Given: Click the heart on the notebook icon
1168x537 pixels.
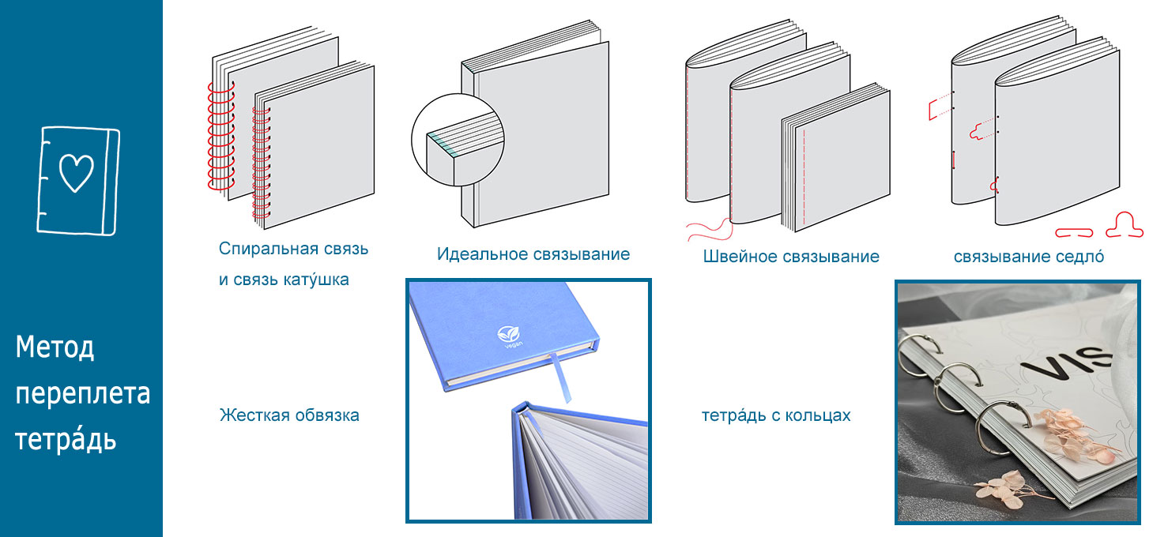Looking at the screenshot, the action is pos(76,173).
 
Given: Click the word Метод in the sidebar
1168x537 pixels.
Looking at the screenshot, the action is pos(55,347).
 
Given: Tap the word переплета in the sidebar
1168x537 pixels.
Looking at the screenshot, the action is pos(82,394).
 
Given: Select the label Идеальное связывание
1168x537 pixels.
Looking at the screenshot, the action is pos(533,254).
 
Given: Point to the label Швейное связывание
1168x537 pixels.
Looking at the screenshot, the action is pos(791,257).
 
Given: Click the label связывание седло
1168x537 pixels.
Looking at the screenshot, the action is pos(1028,257).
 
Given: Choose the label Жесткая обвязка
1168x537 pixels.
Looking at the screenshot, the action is pos(289,415).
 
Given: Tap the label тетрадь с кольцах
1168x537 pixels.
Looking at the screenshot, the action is pos(776,415).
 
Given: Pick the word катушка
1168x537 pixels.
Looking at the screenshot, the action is pos(317,280).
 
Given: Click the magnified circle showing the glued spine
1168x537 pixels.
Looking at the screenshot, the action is pos(458,140).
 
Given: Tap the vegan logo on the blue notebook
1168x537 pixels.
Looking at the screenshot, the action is pos(508,336).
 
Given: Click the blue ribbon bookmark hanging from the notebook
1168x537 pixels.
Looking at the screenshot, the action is pos(560,378).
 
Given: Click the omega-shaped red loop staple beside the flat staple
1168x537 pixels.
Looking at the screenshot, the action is pos(1125,226).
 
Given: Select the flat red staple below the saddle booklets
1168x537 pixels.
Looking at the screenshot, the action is pos(1074,233).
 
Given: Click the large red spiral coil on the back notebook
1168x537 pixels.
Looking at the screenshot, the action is pos(221,135).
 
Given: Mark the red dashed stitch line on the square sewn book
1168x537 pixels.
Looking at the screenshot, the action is pos(804,177).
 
